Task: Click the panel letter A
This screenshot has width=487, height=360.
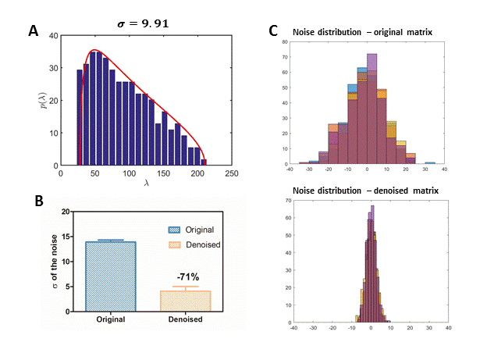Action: click(34, 31)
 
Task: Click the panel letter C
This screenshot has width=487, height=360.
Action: click(272, 31)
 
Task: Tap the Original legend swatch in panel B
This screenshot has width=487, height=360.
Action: click(174, 230)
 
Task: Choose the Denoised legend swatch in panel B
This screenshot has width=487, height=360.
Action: click(174, 244)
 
